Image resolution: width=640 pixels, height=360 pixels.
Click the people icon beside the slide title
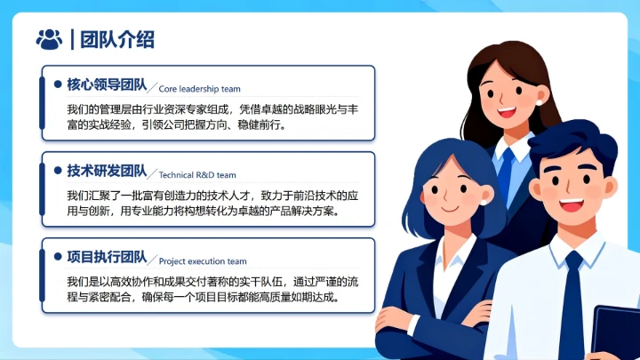49,38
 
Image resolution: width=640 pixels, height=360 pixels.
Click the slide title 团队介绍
117,39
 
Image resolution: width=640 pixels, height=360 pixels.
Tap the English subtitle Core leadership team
200,89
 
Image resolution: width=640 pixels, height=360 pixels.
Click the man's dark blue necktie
570,302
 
